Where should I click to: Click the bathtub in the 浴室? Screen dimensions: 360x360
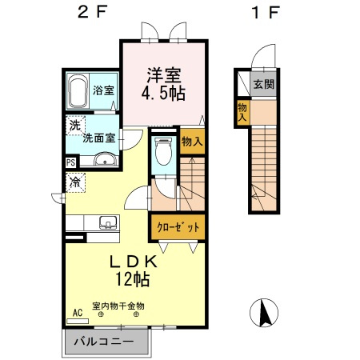tap(78, 91)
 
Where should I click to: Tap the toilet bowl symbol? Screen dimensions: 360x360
tap(163, 152)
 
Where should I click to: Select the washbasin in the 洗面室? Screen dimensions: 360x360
tap(106, 159)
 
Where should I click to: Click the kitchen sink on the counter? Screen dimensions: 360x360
tap(108, 222)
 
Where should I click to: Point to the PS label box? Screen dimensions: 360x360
tap(71, 162)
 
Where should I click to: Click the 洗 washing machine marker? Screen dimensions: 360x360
tap(75, 126)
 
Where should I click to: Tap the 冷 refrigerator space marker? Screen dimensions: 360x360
tap(75, 182)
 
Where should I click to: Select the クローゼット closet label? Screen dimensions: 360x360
tap(178, 227)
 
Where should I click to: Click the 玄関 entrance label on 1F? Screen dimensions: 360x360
tap(264, 84)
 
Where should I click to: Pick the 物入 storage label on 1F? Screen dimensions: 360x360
tap(242, 112)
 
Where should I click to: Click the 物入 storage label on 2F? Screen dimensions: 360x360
tap(192, 142)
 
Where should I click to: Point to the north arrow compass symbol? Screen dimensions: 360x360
tap(264, 313)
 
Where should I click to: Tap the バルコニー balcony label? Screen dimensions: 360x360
tap(104, 342)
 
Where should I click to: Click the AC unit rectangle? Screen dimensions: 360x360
tap(78, 321)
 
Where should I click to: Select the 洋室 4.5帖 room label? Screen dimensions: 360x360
tap(163, 84)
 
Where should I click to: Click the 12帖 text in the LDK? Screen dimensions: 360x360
tap(133, 279)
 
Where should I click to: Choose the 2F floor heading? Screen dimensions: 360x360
tap(93, 12)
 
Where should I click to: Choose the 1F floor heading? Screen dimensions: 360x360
tap(266, 12)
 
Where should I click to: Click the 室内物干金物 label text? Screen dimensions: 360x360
tap(118, 306)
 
